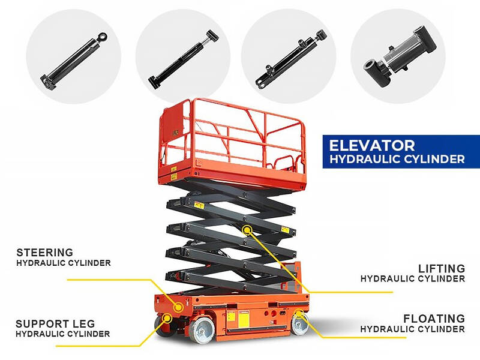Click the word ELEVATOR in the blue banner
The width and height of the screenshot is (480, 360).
pos(372,146)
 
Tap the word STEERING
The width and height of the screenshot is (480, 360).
pos(44,253)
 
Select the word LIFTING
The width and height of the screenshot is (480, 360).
pos(442,268)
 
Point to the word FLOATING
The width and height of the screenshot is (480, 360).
pos(434,319)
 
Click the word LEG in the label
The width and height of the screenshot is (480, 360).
pos(84,323)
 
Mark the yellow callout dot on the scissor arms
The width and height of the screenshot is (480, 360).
pos(247,229)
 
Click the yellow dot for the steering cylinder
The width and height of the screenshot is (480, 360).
pos(178,307)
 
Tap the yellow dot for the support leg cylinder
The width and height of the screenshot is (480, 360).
pos(167,319)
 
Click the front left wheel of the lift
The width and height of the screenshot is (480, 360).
pos(202,330)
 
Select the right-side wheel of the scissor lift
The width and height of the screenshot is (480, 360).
pos(299,323)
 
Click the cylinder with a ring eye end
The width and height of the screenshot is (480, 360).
pos(73,61)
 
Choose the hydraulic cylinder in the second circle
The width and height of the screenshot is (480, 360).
pos(184,59)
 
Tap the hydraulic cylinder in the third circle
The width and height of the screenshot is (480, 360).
pos(290,59)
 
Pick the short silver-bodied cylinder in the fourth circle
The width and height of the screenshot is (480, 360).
pos(400,56)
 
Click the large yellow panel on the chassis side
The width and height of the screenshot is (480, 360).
pos(244,319)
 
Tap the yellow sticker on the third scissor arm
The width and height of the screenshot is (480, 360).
pos(286,230)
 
